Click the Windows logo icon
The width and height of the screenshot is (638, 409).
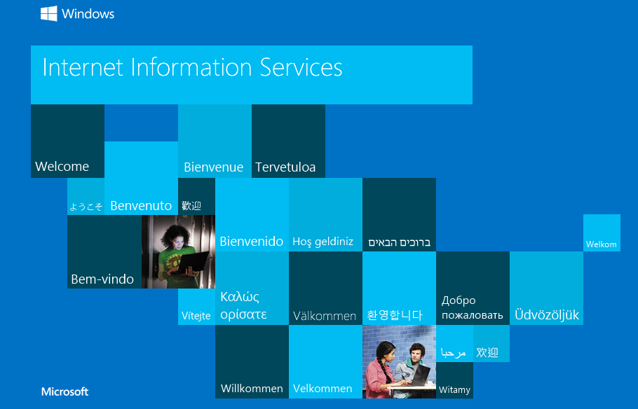click(49, 13)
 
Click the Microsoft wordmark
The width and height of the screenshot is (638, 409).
click(65, 391)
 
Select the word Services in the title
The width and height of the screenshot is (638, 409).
click(301, 67)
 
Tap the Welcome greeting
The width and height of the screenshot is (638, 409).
click(62, 166)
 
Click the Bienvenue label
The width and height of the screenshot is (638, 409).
click(214, 167)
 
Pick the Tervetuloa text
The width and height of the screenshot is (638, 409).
click(285, 167)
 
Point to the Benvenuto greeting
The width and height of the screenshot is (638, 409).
click(141, 206)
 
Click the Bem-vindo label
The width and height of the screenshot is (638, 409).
click(102, 279)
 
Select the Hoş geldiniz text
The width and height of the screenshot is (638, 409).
click(323, 242)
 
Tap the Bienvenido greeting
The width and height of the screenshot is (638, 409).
click(252, 242)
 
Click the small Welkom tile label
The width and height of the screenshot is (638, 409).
click(602, 244)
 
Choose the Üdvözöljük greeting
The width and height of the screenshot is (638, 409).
click(547, 314)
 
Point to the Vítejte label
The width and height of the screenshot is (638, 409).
click(196, 315)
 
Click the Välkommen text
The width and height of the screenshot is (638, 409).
click(325, 316)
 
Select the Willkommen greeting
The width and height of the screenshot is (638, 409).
click(252, 389)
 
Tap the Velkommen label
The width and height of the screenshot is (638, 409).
click(323, 389)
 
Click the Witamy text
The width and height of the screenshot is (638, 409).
click(454, 390)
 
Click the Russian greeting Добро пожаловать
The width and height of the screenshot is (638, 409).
click(473, 307)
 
